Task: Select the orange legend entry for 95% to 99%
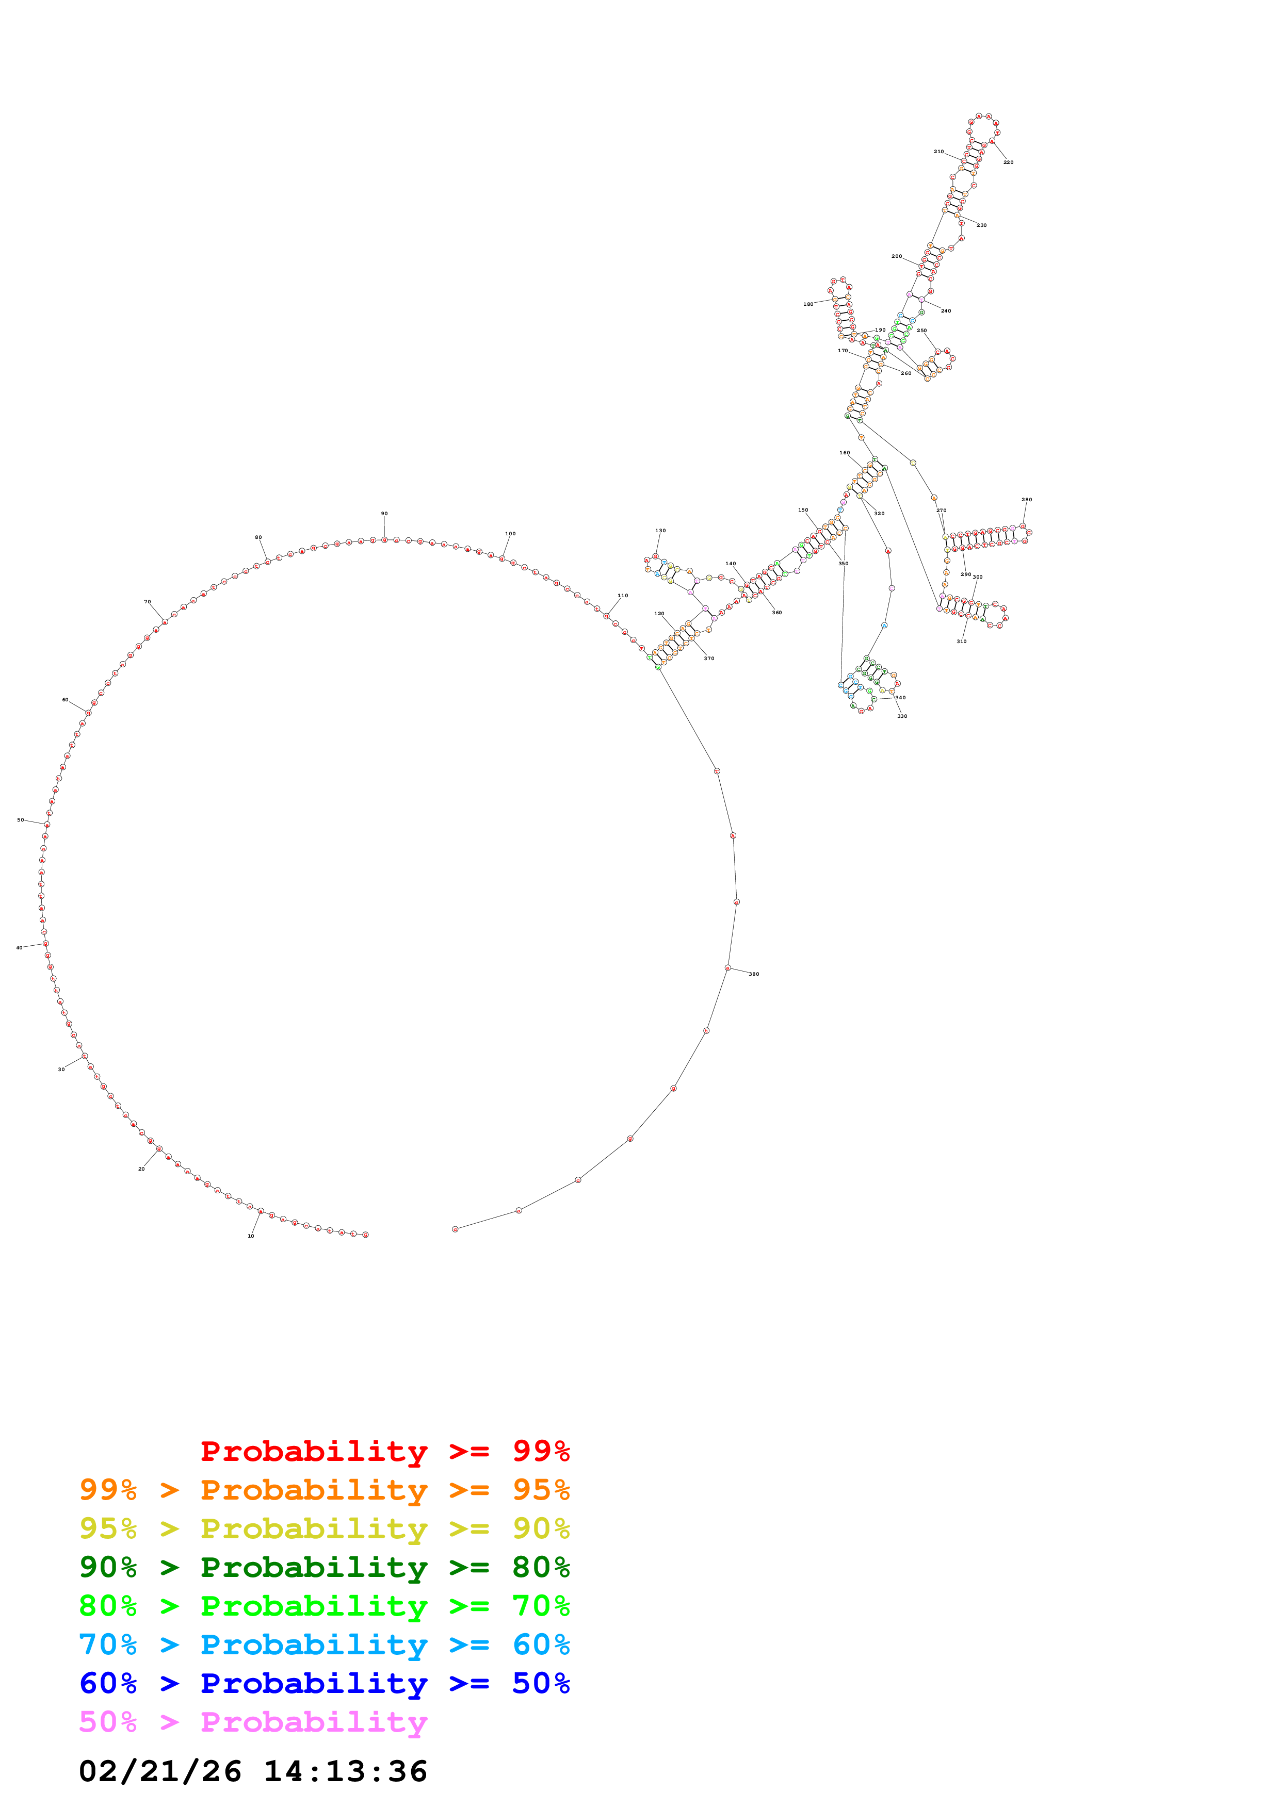[324, 1490]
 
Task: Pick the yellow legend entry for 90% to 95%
[324, 1528]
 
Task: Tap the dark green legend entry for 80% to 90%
[324, 1567]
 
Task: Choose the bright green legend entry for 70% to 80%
[324, 1606]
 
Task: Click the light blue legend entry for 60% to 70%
[324, 1644]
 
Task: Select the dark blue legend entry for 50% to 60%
[324, 1683]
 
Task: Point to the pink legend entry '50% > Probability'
[253, 1721]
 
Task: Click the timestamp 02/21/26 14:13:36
[253, 1771]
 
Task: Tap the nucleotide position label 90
[384, 514]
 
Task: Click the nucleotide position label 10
[251, 1236]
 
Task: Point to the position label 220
[1008, 162]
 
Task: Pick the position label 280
[1026, 500]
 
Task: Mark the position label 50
[21, 820]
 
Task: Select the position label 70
[148, 602]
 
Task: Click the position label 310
[961, 642]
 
